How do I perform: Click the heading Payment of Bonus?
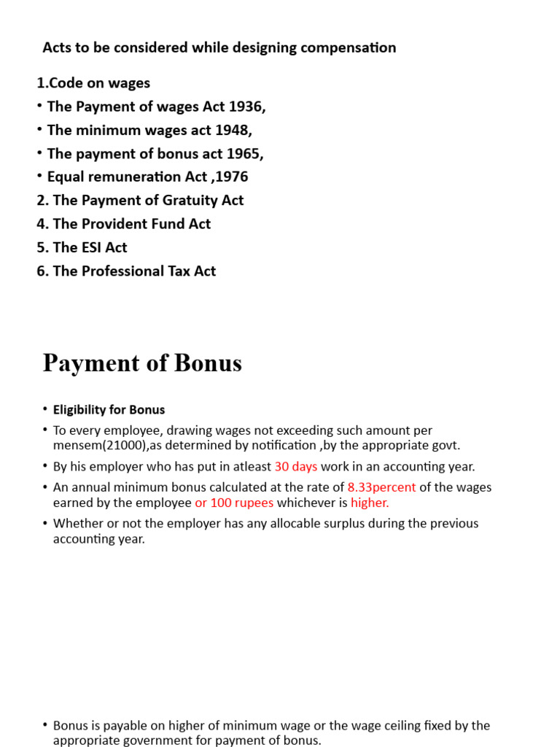tap(142, 363)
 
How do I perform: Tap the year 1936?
tap(246, 107)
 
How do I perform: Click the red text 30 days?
tap(295, 466)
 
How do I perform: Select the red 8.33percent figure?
tap(381, 487)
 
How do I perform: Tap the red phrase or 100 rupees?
tap(234, 503)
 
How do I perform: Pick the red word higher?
tap(370, 503)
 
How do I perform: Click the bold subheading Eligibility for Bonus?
tap(109, 410)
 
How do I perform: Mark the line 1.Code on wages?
tap(93, 82)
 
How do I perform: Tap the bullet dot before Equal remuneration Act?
tap(39, 177)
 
